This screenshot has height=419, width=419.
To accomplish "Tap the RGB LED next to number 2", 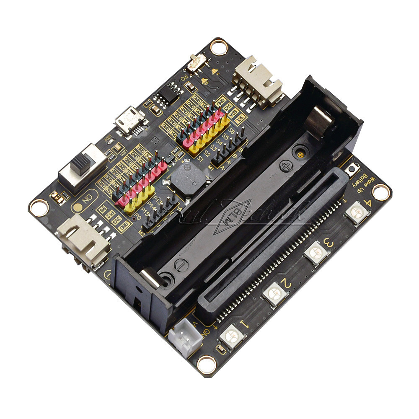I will point(274,293).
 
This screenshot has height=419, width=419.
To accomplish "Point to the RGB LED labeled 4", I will point(357,212).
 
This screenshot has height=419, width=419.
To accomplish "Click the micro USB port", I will point(130,119).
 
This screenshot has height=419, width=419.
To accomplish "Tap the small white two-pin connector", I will point(185,335).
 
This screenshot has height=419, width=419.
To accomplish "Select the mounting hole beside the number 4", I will point(380,192).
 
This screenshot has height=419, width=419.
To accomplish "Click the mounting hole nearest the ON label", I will point(39,207).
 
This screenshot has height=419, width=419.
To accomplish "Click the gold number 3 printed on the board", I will point(328,243).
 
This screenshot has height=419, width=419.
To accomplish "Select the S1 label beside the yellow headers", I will point(200,159).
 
